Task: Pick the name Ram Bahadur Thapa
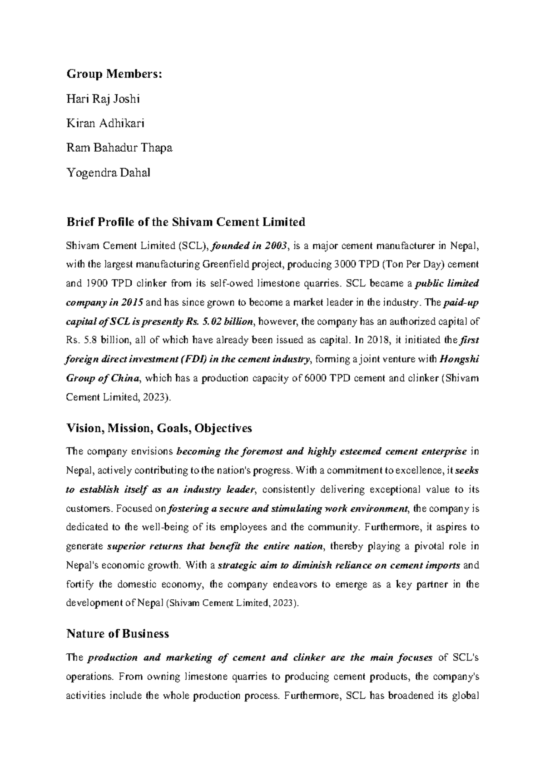pyautogui.click(x=119, y=148)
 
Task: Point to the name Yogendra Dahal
pyautogui.click(x=108, y=173)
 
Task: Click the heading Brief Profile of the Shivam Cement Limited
pyautogui.click(x=186, y=222)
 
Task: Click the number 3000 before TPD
pyautogui.click(x=342, y=265)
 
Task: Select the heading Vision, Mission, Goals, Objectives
pyautogui.click(x=159, y=428)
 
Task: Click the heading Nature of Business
pyautogui.click(x=118, y=633)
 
